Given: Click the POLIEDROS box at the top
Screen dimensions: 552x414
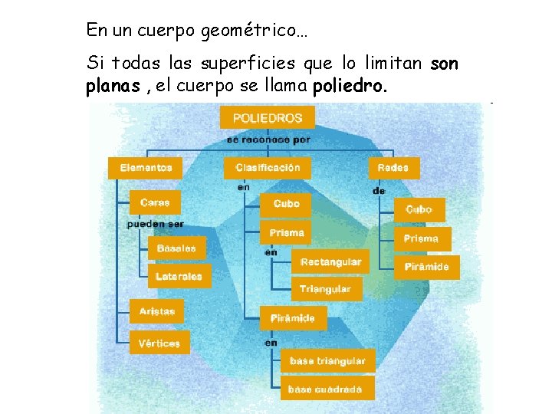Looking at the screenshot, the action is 267,117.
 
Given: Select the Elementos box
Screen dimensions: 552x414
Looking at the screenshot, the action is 145,167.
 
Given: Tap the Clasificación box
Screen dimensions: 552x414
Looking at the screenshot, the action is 268,167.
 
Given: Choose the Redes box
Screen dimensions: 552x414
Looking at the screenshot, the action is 394,167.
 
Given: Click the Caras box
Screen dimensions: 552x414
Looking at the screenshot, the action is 155,202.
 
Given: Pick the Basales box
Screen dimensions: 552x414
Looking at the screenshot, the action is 176,248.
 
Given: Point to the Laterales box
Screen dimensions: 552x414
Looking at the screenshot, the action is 179,276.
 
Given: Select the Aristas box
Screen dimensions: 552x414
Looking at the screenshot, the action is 157,311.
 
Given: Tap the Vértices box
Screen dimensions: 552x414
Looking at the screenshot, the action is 159,343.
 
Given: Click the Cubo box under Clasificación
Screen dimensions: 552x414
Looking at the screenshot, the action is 286,203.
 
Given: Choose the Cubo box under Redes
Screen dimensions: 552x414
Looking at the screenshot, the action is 419,209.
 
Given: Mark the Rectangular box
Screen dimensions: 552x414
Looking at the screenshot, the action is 330,261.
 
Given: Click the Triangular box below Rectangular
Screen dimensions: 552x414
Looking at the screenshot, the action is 325,289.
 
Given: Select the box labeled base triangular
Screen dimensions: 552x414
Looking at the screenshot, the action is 327,360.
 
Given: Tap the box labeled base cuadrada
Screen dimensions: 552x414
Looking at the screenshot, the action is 325,389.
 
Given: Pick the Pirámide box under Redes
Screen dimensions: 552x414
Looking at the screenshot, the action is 432,267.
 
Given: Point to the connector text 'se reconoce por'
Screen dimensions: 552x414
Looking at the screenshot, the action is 268,140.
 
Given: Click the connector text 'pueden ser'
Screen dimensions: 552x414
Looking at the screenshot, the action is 155,224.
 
